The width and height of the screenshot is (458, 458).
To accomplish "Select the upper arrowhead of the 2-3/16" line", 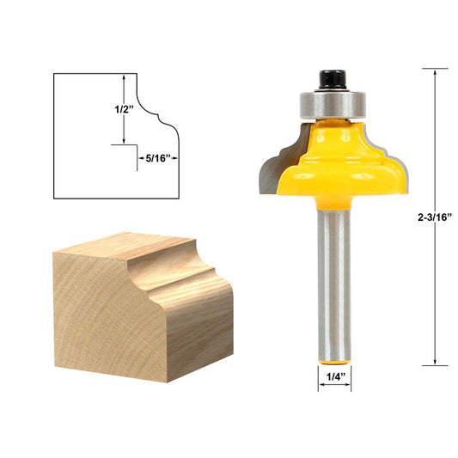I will [x=436, y=72].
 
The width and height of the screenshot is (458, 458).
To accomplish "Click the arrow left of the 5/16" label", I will [x=140, y=159].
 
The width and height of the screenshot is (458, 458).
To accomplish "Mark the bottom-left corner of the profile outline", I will [x=54, y=198].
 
